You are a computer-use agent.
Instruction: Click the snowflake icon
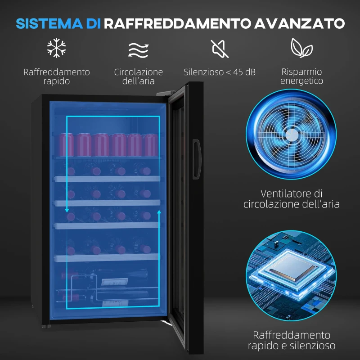coord(56,48)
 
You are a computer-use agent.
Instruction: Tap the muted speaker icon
coord(220,48)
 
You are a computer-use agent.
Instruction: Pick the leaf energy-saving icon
coord(301,47)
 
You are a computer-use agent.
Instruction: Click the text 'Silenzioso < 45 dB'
coord(220,72)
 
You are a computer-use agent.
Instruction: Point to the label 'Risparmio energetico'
coord(301,76)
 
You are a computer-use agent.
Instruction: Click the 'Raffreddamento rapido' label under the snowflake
coord(57,76)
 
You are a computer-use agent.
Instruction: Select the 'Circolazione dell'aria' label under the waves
coord(138,76)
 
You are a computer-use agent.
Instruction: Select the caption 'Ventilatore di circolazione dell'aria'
coord(292,198)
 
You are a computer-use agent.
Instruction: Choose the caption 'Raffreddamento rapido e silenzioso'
coord(292,340)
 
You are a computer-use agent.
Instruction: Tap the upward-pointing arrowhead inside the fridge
coord(159,211)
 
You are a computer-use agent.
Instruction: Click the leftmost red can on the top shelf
coord(66,144)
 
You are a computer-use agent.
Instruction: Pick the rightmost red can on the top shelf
coord(150,144)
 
